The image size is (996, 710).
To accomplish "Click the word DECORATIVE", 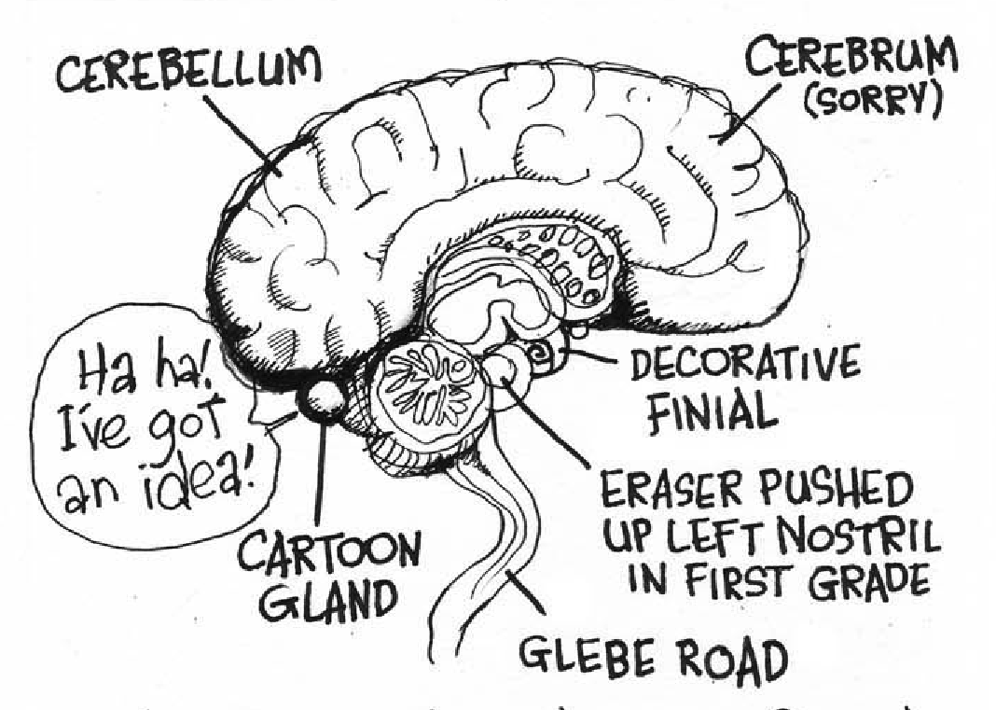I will coord(745,364).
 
